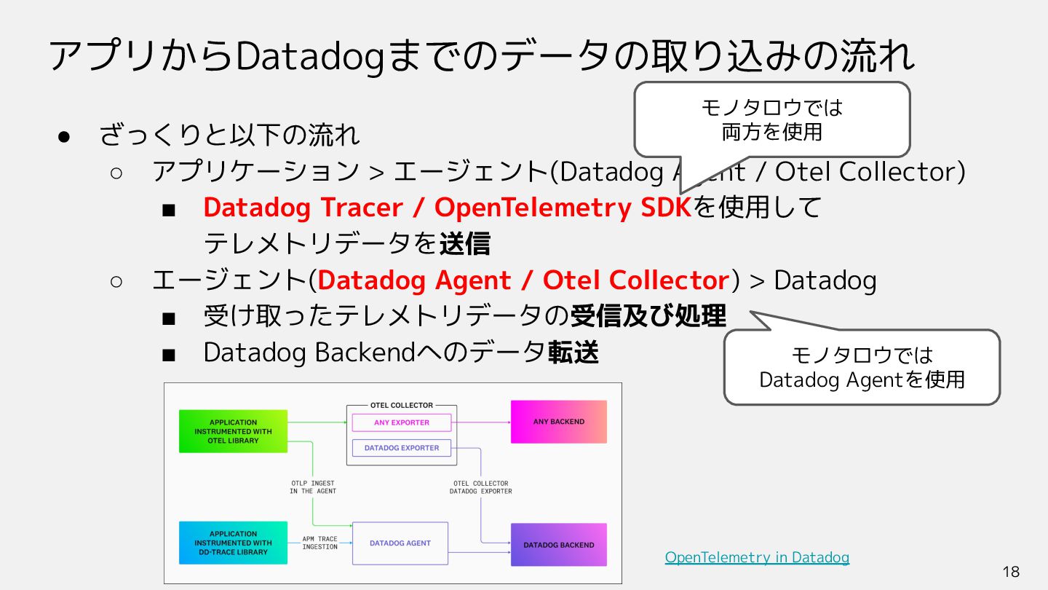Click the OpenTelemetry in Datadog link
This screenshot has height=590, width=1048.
pos(757,557)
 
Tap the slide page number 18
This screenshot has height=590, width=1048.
pos(1011,571)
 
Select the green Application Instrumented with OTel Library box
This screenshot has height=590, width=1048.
pos(233,431)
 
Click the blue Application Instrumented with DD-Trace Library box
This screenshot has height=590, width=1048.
pos(233,543)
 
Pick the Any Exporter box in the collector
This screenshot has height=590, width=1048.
pos(402,422)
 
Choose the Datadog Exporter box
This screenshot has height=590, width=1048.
pos(402,448)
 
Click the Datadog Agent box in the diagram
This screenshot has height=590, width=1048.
pos(400,543)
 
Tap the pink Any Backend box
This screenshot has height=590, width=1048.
pos(558,422)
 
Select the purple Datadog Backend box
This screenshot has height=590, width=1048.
pos(558,545)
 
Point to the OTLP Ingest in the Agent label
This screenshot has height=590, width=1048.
pos(313,487)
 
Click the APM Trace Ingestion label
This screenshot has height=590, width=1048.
pos(320,543)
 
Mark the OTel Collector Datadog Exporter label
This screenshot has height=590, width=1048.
pos(480,487)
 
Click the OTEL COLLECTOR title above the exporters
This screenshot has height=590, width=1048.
pos(402,405)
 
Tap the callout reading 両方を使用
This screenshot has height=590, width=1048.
pos(771,119)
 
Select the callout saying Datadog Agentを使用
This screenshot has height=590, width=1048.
pos(862,367)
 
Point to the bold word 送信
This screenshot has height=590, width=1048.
pos(464,244)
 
